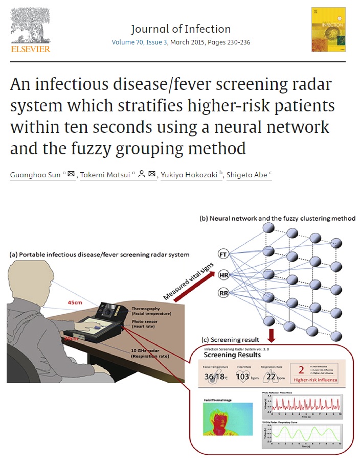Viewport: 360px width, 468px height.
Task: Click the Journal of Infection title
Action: click(x=181, y=29)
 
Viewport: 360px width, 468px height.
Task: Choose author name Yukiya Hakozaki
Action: click(x=187, y=175)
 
